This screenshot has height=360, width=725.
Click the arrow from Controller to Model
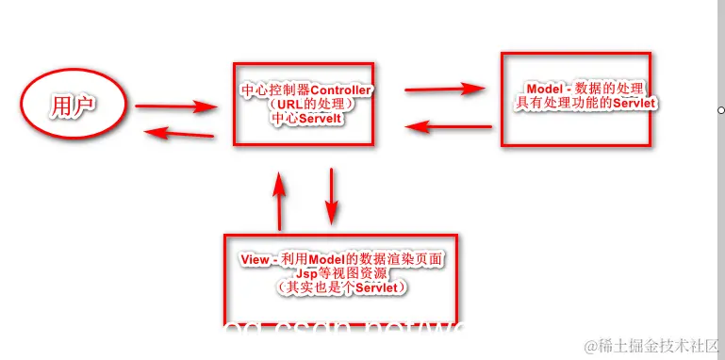[x=445, y=90]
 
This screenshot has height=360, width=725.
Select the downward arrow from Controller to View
[x=331, y=195]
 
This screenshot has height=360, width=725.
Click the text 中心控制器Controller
[x=306, y=90]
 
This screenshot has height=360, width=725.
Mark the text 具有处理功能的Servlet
[x=585, y=102]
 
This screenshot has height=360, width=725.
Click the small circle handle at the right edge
[x=720, y=110]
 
